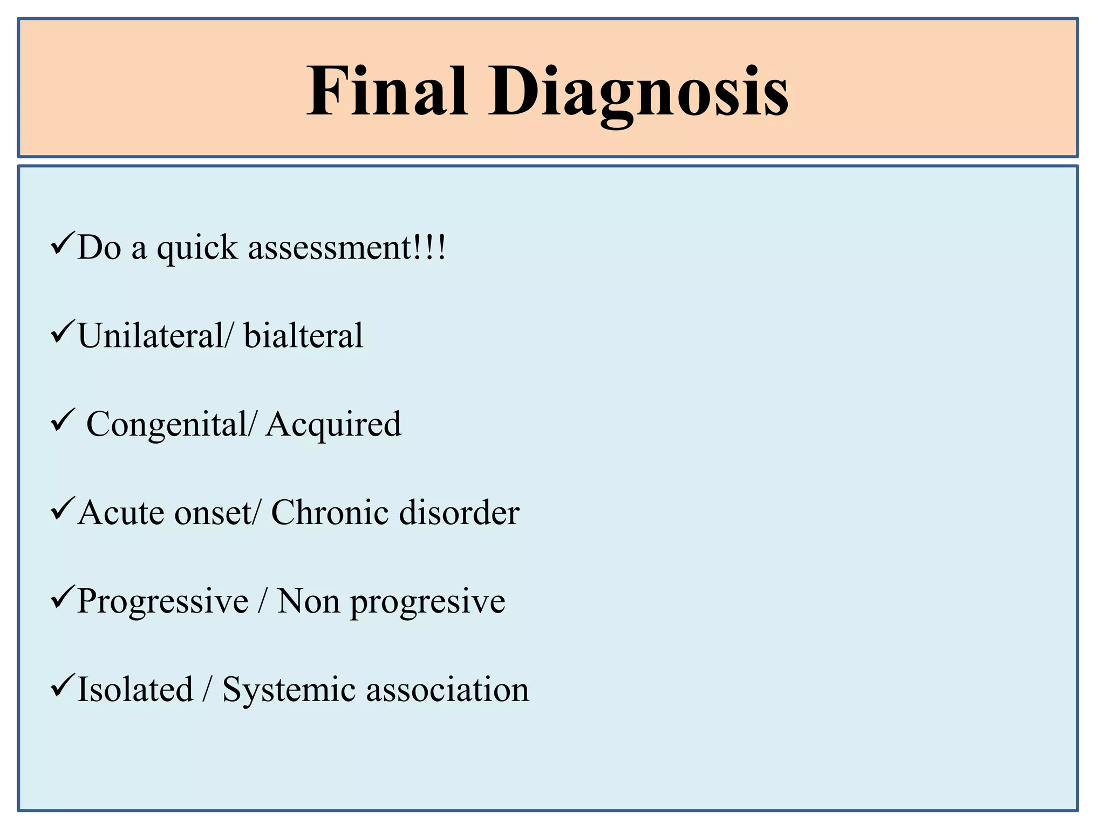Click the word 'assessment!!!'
pyautogui.click(x=347, y=248)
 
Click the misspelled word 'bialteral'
pyautogui.click(x=303, y=335)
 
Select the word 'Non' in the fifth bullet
pyautogui.click(x=308, y=601)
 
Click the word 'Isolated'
pyautogui.click(x=135, y=689)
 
